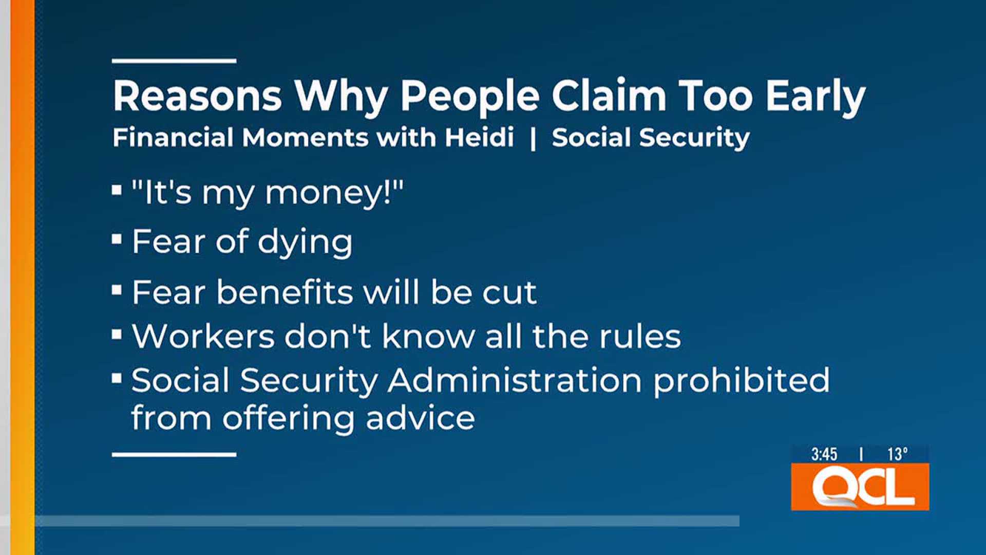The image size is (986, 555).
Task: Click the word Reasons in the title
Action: [x=197, y=96]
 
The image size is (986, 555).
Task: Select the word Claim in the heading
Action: [x=609, y=96]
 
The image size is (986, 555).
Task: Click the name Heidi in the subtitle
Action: [x=479, y=138]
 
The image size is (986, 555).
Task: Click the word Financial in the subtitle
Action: [x=173, y=138]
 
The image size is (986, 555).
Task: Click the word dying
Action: [x=305, y=242]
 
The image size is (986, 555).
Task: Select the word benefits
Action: [x=285, y=292]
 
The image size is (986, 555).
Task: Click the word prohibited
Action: [x=741, y=381]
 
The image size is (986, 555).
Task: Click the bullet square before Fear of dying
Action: [x=117, y=239]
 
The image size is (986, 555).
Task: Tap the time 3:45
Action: [x=824, y=454]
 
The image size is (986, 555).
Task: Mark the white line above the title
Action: [x=174, y=61]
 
